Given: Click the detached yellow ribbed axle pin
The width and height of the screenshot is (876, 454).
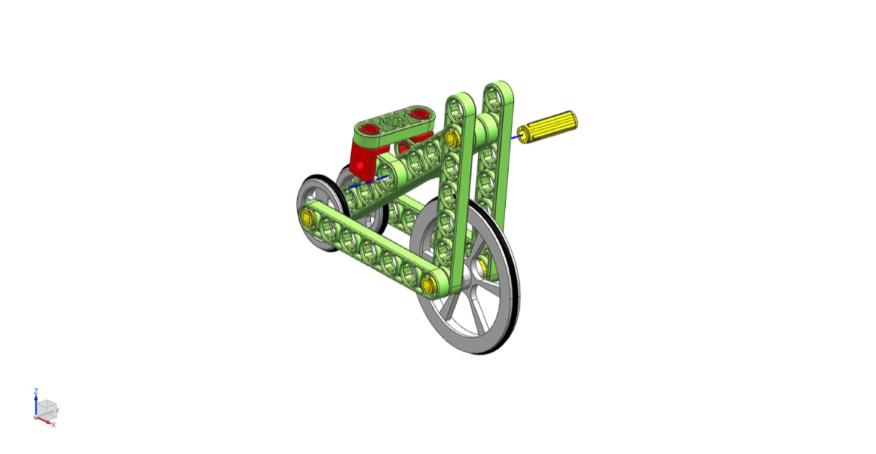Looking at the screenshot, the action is click(547, 127).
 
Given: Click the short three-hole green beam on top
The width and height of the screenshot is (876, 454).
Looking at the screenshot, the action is click(395, 123).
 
